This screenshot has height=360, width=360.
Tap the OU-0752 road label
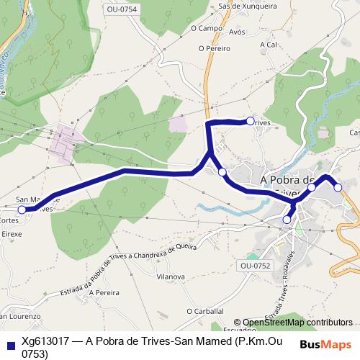click(256, 266)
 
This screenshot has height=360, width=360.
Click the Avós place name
click(237, 32)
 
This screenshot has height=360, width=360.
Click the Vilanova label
click(171, 276)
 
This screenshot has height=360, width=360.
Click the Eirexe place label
click(12, 234)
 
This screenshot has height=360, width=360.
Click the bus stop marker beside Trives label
click(250, 121)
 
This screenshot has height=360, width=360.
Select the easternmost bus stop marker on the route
click(338, 187)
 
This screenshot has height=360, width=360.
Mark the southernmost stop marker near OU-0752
click(287, 219)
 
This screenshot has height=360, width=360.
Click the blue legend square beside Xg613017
click(9, 343)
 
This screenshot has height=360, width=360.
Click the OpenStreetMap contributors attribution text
click(297, 323)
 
